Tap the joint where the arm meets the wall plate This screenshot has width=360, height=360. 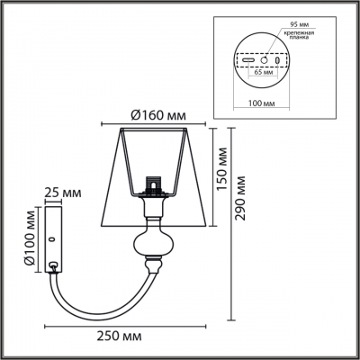pos(58,266)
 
